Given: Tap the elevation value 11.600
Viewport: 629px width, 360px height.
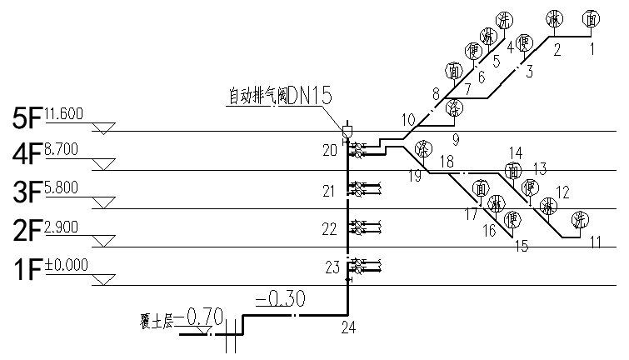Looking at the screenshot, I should click(x=64, y=114).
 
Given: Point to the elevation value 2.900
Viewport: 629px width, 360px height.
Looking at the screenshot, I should click(x=62, y=227).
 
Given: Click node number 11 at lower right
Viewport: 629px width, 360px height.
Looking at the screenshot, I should click(x=595, y=242).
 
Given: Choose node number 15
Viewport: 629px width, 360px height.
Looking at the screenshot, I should click(x=522, y=246).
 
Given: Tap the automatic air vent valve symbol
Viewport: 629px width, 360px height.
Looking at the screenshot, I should click(x=348, y=131).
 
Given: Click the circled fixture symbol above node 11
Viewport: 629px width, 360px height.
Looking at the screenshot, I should click(x=579, y=220).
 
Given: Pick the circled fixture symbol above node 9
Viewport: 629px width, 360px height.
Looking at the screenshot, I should click(x=453, y=107).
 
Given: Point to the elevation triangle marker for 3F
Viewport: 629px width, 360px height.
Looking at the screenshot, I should click(x=102, y=202).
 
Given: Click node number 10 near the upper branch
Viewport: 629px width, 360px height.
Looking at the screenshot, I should click(x=407, y=118).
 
